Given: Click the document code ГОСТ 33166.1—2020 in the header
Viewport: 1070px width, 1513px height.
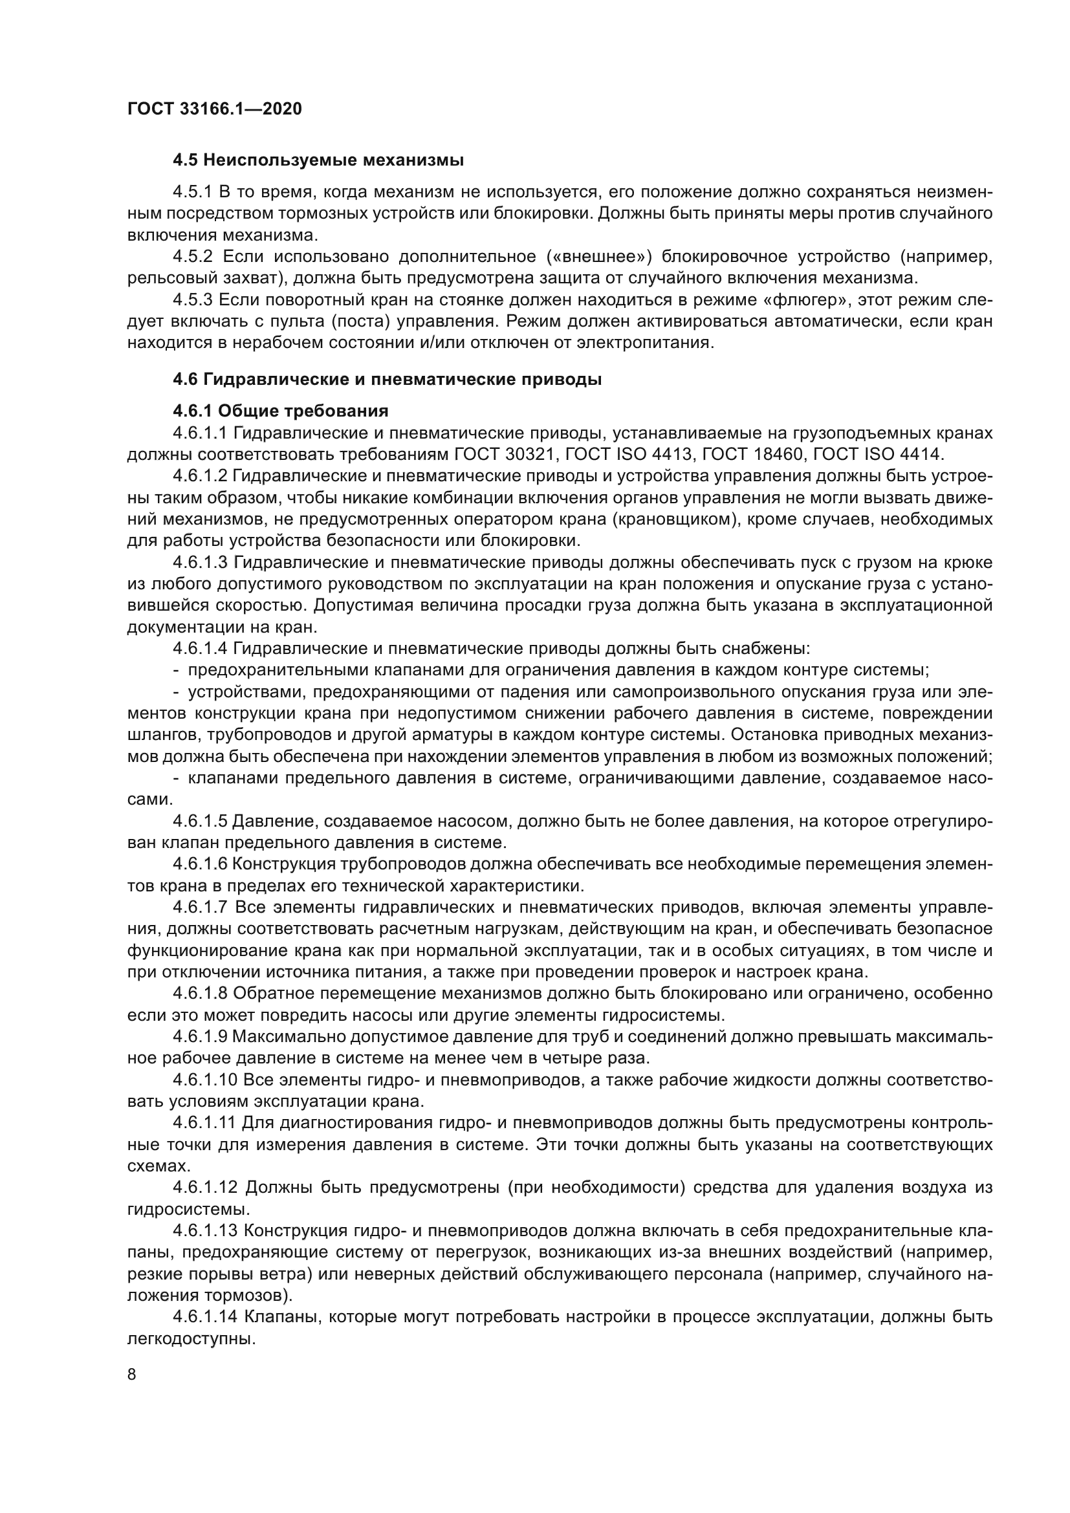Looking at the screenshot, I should click(x=215, y=109).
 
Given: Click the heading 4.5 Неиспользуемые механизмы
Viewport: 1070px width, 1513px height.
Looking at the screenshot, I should click(x=318, y=160).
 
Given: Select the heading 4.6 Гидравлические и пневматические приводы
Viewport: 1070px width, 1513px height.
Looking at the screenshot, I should click(x=387, y=380).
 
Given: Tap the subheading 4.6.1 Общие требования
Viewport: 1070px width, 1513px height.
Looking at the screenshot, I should click(x=281, y=411).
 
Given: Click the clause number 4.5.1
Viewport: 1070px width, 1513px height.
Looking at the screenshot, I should click(x=192, y=192).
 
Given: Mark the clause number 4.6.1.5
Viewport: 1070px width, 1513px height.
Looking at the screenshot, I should click(x=201, y=821).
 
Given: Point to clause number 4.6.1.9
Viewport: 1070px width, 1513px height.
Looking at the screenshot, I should click(x=201, y=1036).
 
